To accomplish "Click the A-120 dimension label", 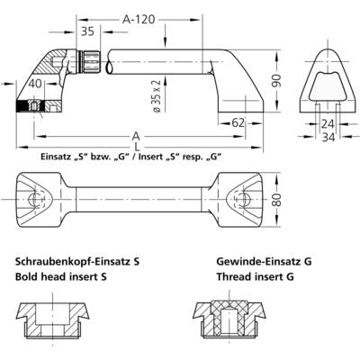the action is coord(139,20).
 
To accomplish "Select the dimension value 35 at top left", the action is coord(87,31).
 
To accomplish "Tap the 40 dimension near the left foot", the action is coord(35,84).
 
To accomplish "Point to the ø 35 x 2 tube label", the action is coord(158,96).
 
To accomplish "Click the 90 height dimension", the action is coord(277,80).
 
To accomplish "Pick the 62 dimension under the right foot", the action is coord(238,122).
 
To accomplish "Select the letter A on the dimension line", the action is coord(136,137).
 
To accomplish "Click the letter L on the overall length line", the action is coord(137,148).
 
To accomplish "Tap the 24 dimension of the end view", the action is coord(328,123).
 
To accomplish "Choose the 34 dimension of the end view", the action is coord(328,138).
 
